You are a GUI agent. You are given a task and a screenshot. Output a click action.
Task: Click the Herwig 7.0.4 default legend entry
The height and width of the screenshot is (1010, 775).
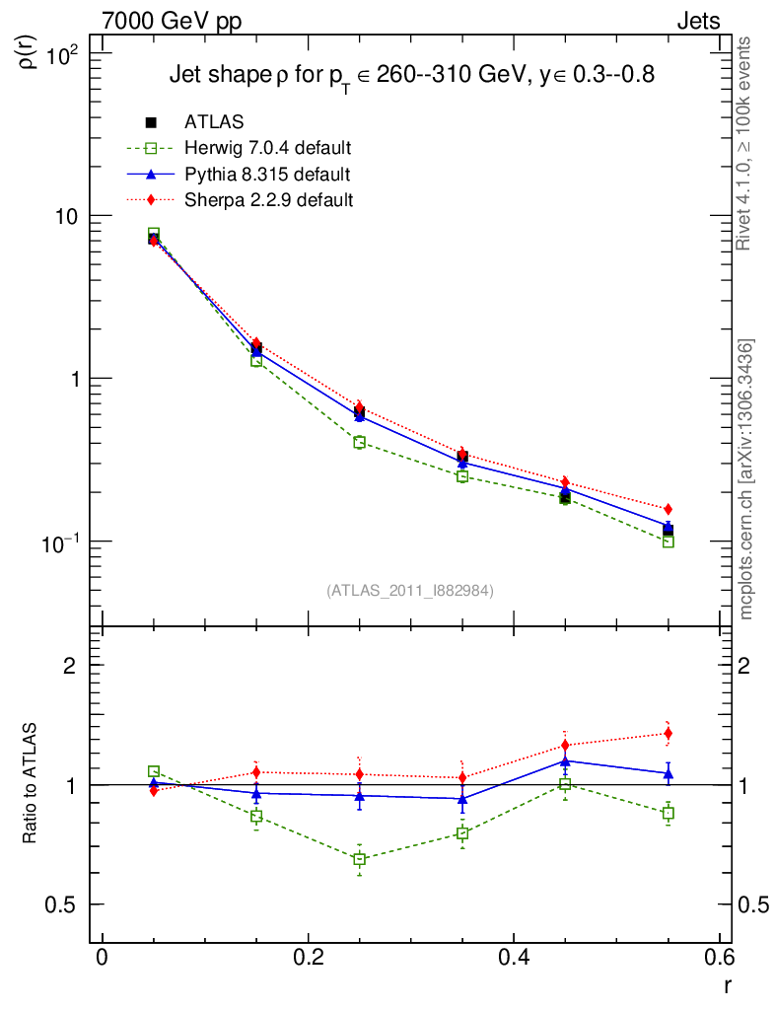tap(267, 149)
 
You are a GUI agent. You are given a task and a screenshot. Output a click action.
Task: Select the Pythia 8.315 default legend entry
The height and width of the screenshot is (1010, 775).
tap(266, 175)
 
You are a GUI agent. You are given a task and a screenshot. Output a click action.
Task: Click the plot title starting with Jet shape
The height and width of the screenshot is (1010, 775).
tap(412, 76)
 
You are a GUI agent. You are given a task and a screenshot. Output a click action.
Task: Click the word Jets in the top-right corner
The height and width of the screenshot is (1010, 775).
tap(697, 21)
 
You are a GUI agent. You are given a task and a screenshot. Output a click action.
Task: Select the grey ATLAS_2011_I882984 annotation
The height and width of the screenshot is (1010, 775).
tap(410, 590)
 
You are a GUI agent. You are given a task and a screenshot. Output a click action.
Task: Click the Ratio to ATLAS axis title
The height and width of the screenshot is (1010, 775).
tap(31, 785)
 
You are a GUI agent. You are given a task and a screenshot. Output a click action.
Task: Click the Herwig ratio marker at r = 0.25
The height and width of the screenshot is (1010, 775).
tap(359, 859)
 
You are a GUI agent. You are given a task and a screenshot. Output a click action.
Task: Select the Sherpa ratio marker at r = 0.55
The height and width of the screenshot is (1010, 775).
tap(669, 733)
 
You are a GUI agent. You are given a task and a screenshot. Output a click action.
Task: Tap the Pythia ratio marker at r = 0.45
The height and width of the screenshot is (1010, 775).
tap(565, 760)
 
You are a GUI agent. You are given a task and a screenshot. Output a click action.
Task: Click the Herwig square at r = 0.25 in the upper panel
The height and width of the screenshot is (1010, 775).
tap(359, 442)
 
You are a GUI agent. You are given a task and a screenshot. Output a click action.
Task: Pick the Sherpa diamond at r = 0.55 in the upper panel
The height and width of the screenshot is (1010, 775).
tap(669, 509)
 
